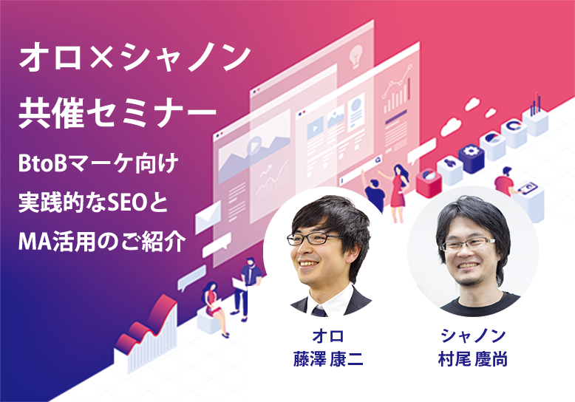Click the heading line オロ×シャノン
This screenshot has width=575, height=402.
(x=135, y=58)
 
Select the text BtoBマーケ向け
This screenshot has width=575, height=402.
(x=98, y=164)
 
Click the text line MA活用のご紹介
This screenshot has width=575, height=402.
(x=102, y=242)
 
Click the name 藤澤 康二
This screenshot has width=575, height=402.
(x=328, y=358)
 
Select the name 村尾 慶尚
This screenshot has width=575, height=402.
(x=473, y=358)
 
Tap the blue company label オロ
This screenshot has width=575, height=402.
(x=328, y=336)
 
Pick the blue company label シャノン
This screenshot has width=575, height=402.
(x=473, y=336)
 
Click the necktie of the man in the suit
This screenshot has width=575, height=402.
(x=319, y=311)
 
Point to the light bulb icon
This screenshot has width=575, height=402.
(x=355, y=57)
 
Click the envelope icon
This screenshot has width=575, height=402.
(x=208, y=217)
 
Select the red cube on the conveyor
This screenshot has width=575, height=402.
(x=429, y=183)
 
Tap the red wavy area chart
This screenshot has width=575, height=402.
(x=146, y=327)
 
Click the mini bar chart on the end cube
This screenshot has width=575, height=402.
(x=535, y=104)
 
